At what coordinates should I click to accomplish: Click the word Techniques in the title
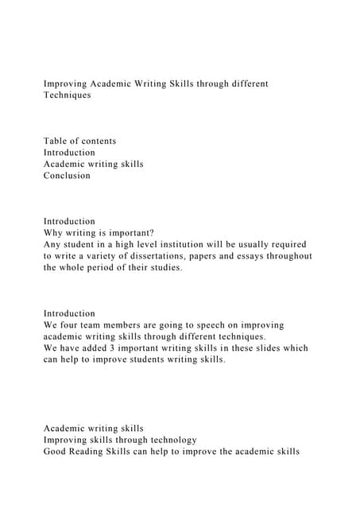68,95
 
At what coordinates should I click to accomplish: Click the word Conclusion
67,176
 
